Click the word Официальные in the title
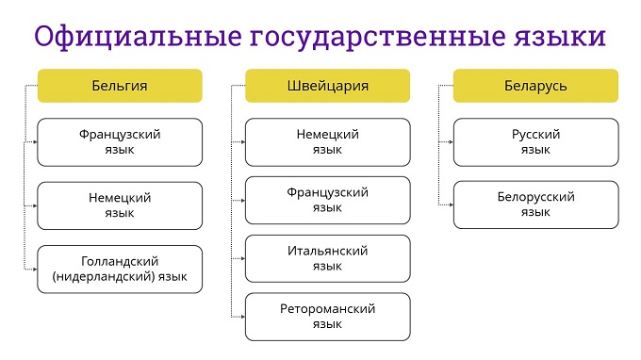pos(138,37)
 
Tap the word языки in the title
pos(560,37)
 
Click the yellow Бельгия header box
pos(120,86)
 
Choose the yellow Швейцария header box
pos(327,86)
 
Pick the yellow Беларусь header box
pos(535,86)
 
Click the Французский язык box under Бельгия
pos(120,142)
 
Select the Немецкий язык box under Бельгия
pos(120,205)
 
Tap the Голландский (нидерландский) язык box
pos(120,270)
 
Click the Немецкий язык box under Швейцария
pos(327,142)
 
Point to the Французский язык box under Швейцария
pos(327,200)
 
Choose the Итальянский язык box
pos(327,258)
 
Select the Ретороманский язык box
pos(327,317)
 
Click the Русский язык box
pos(536,142)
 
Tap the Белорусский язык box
pos(536,205)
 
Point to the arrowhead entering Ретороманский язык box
pos(243,317)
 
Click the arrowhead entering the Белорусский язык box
pos(451,205)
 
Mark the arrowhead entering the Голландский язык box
pos(35,270)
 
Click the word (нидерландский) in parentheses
pos(104,277)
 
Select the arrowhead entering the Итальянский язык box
pos(243,258)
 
